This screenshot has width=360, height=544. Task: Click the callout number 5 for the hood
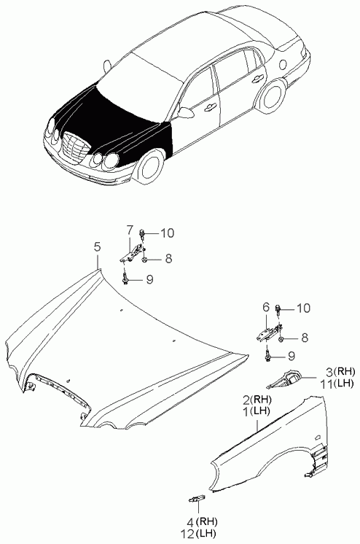coord(97,247)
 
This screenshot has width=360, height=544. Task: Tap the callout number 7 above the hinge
coord(129,230)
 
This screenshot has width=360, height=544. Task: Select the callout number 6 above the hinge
coord(266,307)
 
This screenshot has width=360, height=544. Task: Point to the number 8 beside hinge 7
coord(168,258)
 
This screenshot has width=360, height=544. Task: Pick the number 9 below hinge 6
coord(291,356)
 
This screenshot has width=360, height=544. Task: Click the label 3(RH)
coord(340,372)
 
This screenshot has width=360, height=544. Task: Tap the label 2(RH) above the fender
coord(257,400)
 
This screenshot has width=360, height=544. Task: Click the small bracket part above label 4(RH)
coord(197,499)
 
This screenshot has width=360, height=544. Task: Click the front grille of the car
coord(75,147)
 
